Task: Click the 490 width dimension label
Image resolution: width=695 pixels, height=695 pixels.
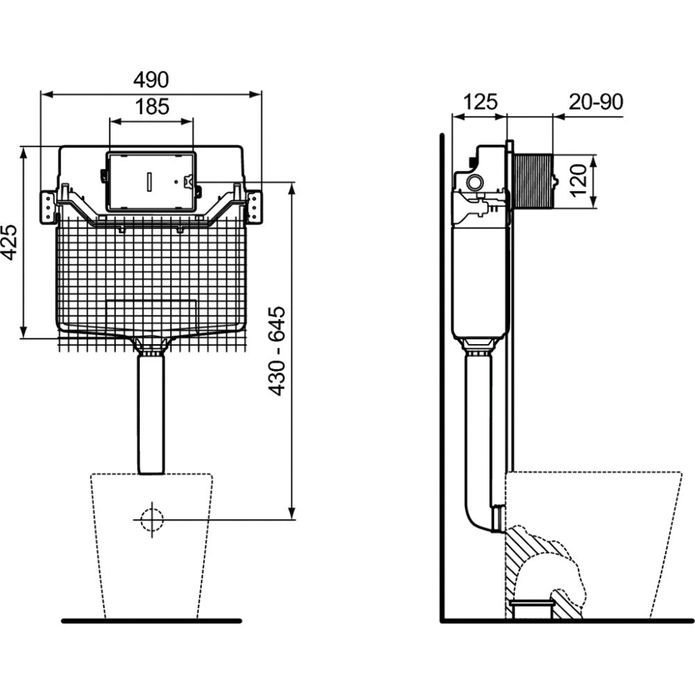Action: coord(151,80)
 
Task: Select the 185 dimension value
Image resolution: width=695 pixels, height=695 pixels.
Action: coord(151,107)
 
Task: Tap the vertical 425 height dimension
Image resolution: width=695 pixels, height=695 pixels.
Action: coord(9,242)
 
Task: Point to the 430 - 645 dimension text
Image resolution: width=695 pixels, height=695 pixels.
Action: coord(277,351)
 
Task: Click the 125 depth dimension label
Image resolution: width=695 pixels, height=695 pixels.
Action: coord(480,102)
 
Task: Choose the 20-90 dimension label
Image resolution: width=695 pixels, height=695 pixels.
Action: coord(596,102)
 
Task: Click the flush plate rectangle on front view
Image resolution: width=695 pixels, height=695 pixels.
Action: coord(151,181)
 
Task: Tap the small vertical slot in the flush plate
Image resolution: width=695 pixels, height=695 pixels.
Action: coord(149,181)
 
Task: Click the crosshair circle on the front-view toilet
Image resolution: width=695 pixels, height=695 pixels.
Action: coord(151,519)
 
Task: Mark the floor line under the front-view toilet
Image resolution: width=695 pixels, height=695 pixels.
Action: coord(151,621)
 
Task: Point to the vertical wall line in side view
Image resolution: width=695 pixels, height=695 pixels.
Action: coord(442,375)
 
